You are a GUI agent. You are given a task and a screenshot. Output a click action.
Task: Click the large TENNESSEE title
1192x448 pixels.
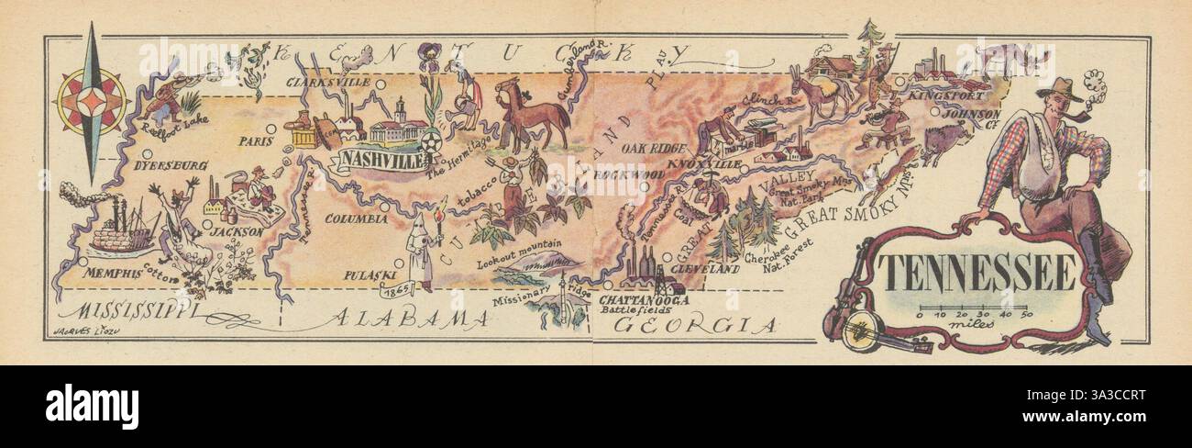coord(977,272)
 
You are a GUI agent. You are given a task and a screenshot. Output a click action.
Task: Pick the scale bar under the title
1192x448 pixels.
coord(975,308)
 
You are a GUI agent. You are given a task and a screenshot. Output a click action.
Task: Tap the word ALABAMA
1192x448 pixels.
coord(409,319)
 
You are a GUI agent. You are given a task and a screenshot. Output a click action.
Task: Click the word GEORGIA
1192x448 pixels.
coord(696,324)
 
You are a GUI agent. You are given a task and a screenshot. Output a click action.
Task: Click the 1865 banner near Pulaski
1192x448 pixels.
coord(397,290)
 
